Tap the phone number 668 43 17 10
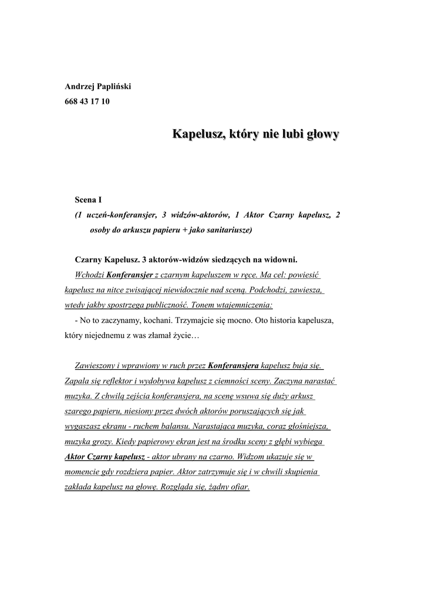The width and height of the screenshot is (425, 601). (87, 102)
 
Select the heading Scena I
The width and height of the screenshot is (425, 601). (88, 200)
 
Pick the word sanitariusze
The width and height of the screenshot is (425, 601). (226, 231)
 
